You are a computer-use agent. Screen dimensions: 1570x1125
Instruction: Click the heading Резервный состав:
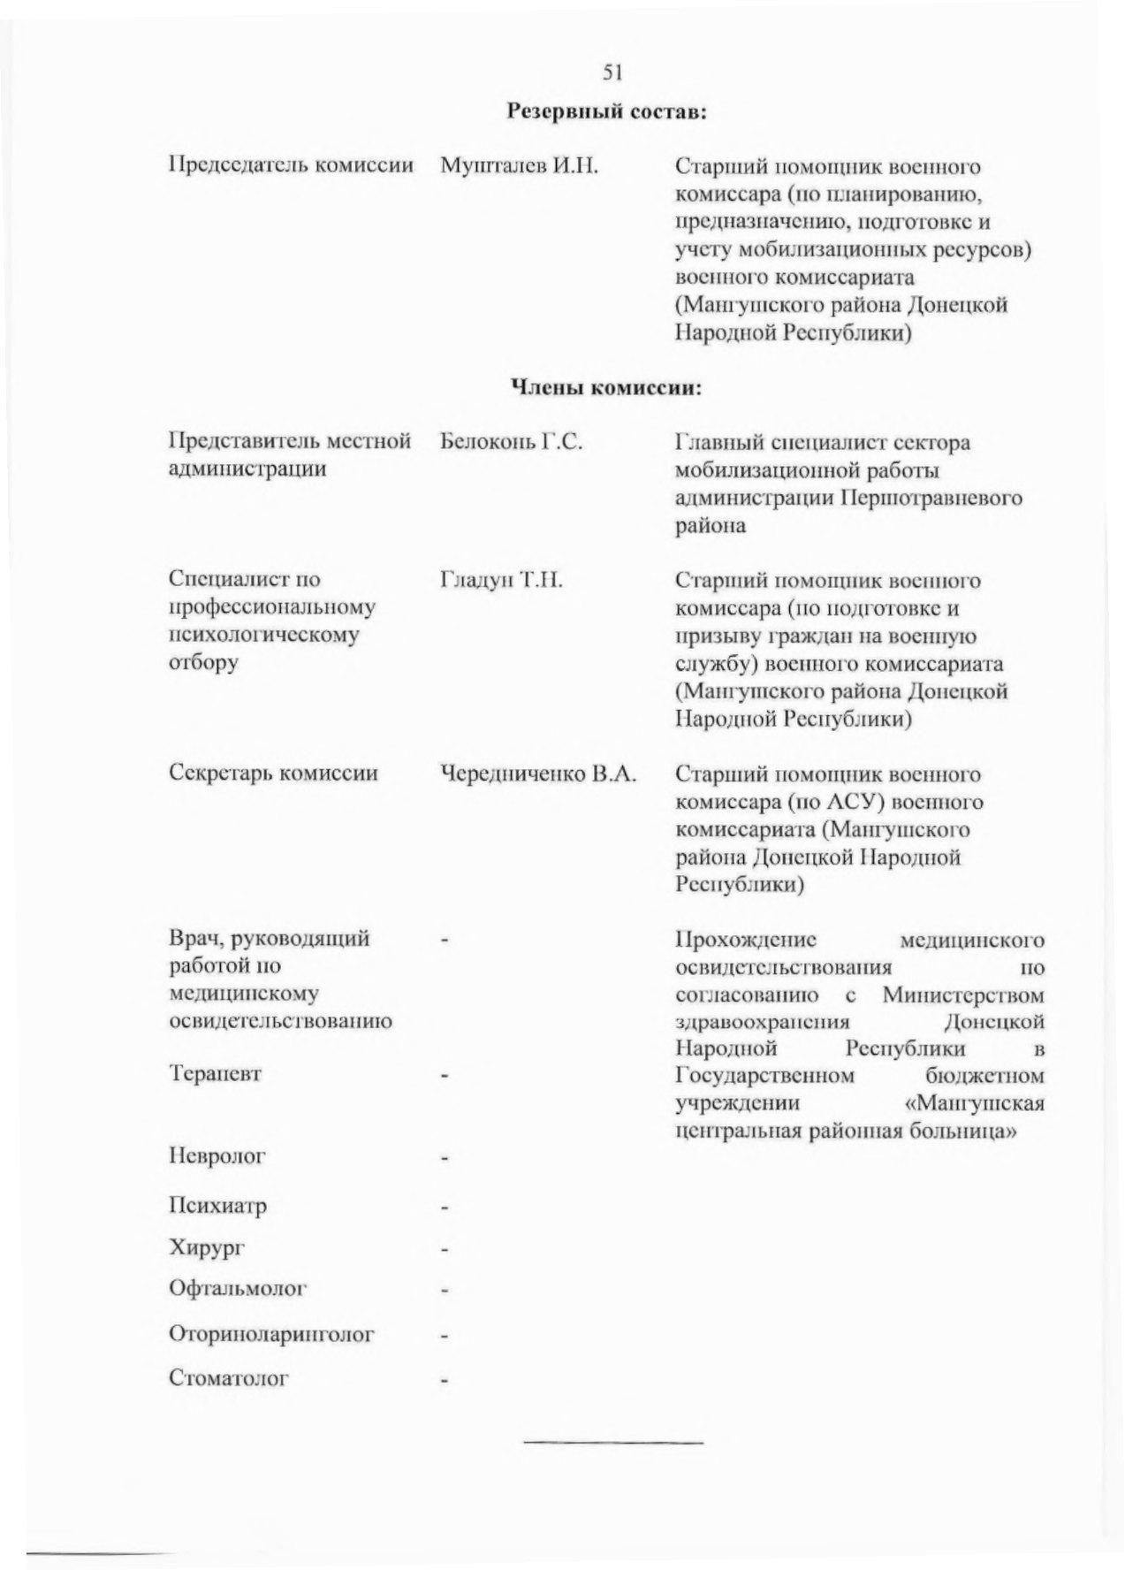point(609,112)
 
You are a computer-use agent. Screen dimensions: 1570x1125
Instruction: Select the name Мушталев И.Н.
point(519,166)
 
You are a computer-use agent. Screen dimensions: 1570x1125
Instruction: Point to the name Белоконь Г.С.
point(511,441)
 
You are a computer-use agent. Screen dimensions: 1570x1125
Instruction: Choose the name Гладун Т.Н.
point(501,580)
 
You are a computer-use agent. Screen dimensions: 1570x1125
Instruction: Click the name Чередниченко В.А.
point(538,774)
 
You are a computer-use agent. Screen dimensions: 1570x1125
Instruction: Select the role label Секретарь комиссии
point(273,774)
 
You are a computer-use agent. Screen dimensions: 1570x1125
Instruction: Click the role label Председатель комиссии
point(291,166)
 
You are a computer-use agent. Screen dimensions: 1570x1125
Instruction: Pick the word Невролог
point(217,1155)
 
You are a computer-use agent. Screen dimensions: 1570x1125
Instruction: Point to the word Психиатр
point(217,1206)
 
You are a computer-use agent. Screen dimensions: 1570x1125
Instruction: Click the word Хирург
point(206,1248)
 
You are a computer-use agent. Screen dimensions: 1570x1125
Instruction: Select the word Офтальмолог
point(237,1289)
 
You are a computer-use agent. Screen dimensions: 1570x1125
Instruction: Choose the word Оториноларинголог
point(271,1333)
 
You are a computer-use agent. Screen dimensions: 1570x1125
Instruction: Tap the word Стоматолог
point(229,1378)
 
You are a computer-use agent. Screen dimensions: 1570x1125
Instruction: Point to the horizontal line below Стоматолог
point(614,1444)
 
